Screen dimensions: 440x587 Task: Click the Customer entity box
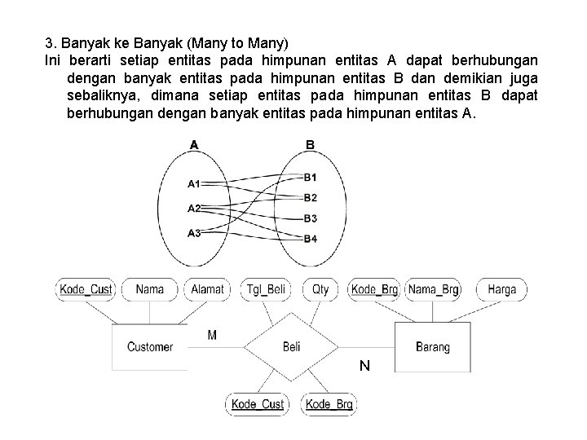pos(150,347)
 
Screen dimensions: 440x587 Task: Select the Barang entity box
pos(432,347)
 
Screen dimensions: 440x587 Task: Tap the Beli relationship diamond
pos(291,347)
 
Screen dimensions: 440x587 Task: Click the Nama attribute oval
pos(149,289)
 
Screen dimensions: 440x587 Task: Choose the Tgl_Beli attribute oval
pos(266,289)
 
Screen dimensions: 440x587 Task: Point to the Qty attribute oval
pos(320,289)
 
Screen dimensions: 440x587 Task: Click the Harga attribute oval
pos(501,289)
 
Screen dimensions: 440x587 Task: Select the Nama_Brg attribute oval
pos(434,289)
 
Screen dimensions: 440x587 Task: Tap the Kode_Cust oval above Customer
pos(86,289)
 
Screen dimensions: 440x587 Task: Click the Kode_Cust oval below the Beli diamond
pos(258,404)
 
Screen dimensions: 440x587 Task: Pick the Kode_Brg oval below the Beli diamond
pos(329,404)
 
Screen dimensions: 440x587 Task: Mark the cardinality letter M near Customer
pos(213,336)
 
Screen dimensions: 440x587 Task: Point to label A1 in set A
pos(194,184)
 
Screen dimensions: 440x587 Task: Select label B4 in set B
pos(310,239)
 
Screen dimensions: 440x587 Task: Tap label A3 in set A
pos(194,234)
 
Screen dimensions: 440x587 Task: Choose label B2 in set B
pos(310,198)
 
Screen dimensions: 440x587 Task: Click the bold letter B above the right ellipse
pos(310,145)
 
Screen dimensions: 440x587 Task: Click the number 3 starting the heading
pos(48,42)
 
